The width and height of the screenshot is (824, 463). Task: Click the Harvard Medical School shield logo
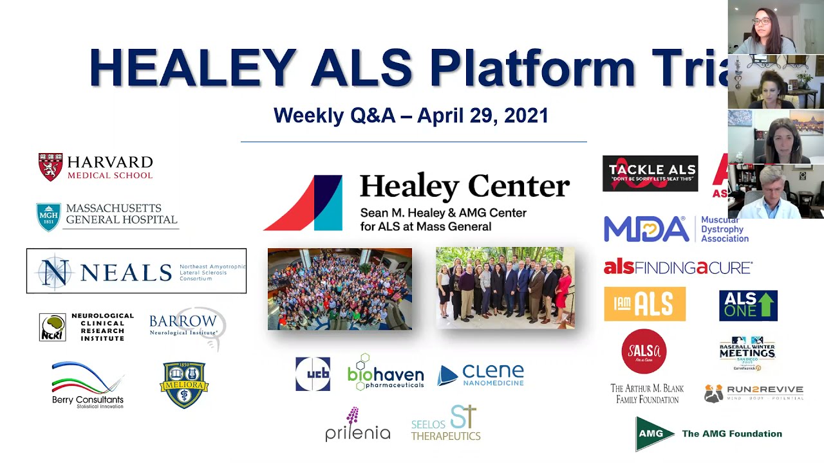(x=50, y=167)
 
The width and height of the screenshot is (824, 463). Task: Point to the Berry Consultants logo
(x=88, y=385)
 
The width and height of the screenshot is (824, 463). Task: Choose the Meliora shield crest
(x=184, y=385)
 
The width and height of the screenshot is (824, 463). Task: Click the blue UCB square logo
(x=313, y=374)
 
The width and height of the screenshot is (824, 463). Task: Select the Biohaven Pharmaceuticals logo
(x=385, y=373)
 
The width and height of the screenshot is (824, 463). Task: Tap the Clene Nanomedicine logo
(x=481, y=375)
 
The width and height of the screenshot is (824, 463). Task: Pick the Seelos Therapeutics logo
(x=446, y=423)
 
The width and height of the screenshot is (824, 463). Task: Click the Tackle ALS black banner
(x=650, y=174)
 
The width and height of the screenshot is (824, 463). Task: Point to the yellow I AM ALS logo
(x=644, y=304)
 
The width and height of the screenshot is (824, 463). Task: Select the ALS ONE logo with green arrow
(x=748, y=305)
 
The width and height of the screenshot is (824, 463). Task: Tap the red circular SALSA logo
(x=644, y=352)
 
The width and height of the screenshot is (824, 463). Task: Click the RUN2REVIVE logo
(x=754, y=393)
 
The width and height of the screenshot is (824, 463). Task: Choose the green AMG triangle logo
(x=654, y=434)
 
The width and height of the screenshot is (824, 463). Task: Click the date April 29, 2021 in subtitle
(x=483, y=116)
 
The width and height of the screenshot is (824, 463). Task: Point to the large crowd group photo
(x=339, y=289)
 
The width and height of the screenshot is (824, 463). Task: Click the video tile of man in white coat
(x=776, y=192)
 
